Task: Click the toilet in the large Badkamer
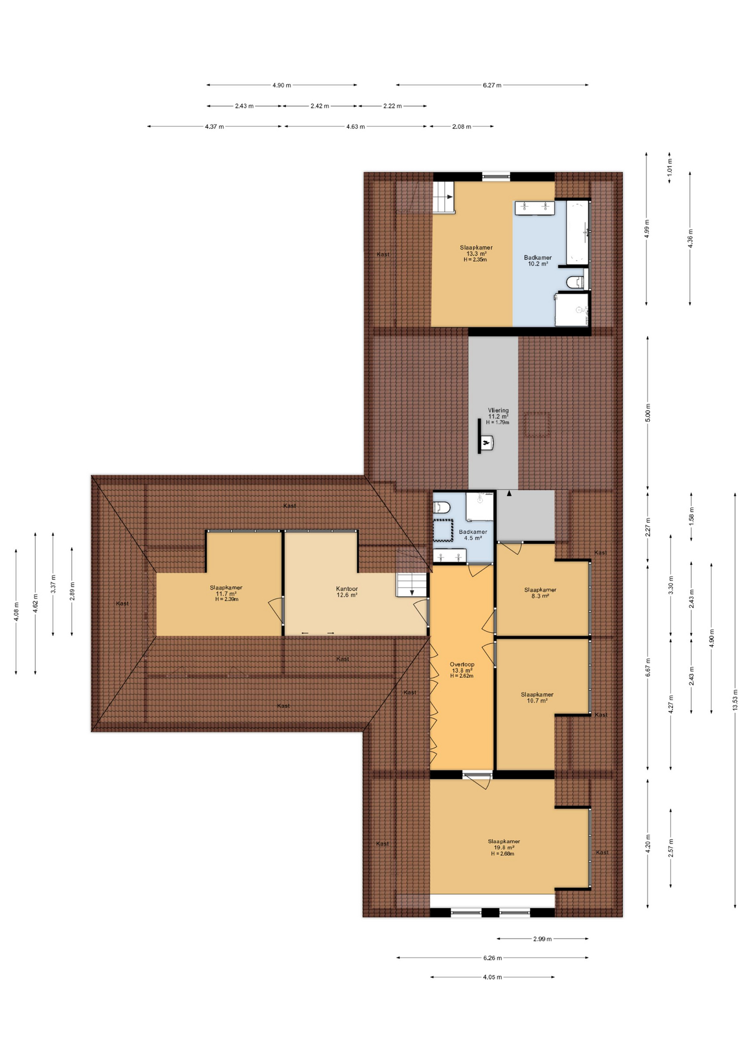click(x=575, y=283)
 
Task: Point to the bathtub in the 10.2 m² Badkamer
click(x=577, y=232)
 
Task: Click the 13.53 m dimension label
click(x=735, y=700)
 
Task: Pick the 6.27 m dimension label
click(x=492, y=85)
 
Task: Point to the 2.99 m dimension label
click(x=542, y=939)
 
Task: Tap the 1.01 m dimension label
click(x=669, y=167)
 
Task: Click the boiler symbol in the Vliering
click(x=486, y=443)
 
